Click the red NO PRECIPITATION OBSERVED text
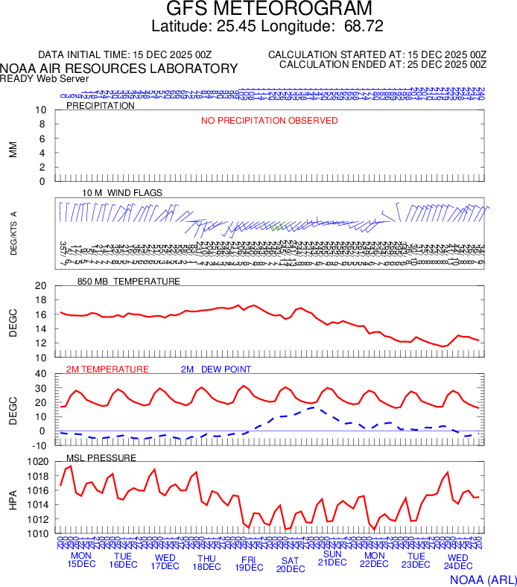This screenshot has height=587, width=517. pyautogui.click(x=269, y=121)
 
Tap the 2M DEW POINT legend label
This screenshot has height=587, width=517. pyautogui.click(x=216, y=369)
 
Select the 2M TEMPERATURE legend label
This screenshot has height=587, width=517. pyautogui.click(x=107, y=369)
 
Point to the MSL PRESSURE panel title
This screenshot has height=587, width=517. pyautogui.click(x=101, y=457)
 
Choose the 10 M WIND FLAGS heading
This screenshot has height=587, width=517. pyautogui.click(x=122, y=193)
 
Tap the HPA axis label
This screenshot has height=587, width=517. pyautogui.click(x=13, y=498)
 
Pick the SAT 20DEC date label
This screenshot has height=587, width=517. pyautogui.click(x=291, y=564)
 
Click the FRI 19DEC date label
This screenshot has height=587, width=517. pyautogui.click(x=249, y=562)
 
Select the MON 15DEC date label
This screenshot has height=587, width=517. pyautogui.click(x=81, y=559)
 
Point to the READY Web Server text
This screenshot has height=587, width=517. pyautogui.click(x=45, y=79)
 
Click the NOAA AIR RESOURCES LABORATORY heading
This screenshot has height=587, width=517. pyautogui.click(x=119, y=69)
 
